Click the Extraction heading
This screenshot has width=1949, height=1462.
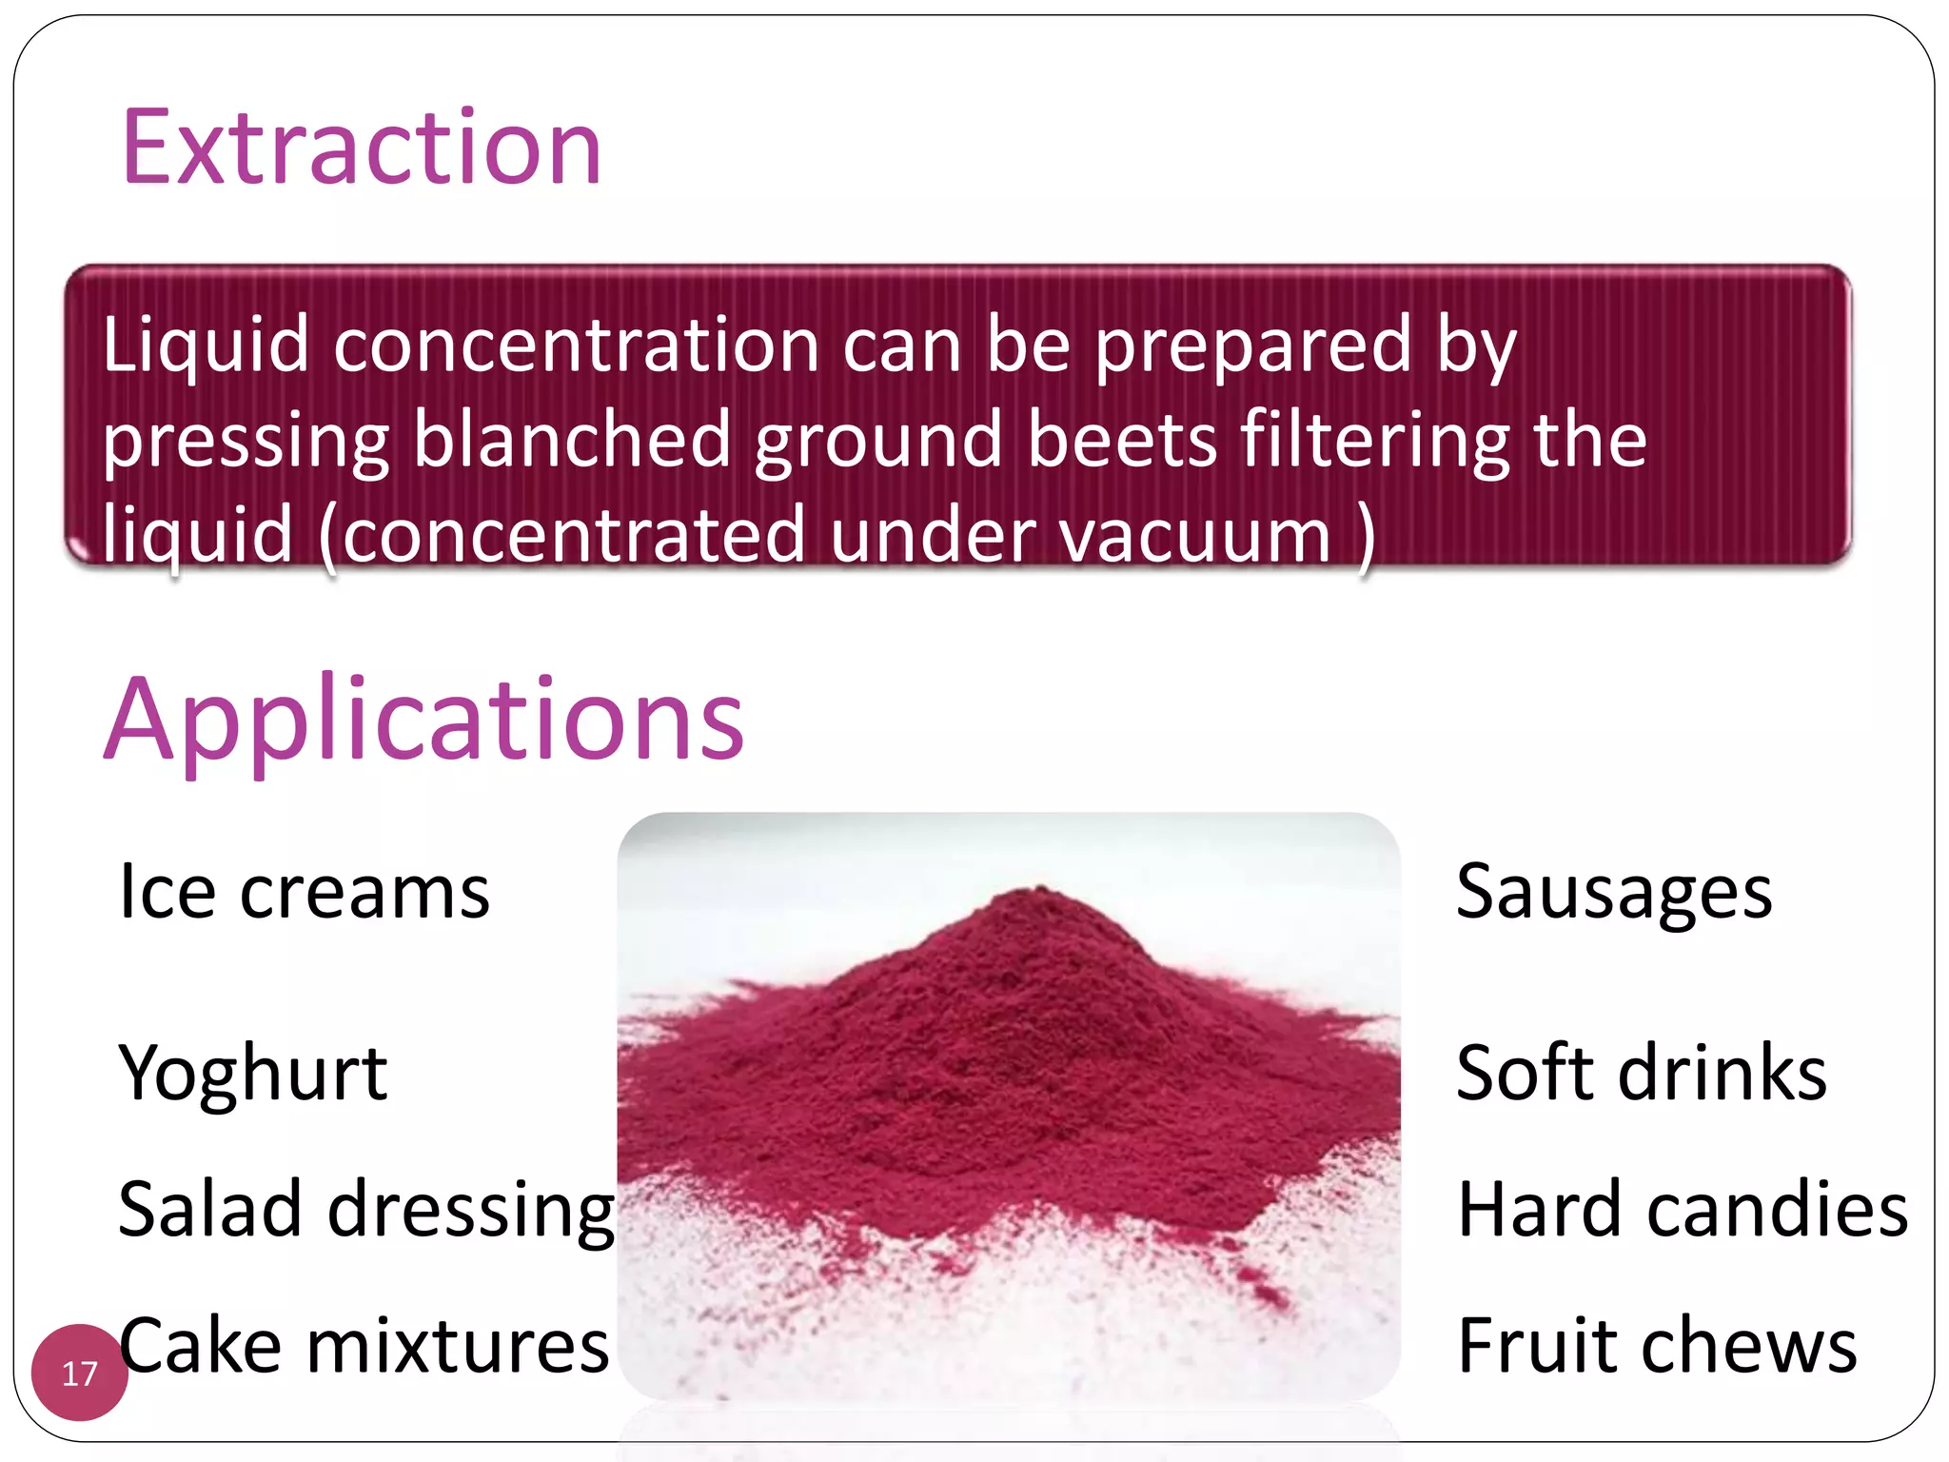click(x=362, y=148)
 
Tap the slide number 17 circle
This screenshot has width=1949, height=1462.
click(x=79, y=1373)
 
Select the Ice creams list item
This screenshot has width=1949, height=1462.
click(x=304, y=892)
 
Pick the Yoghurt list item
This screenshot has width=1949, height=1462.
click(x=252, y=1073)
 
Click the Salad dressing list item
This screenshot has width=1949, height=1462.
click(x=366, y=1209)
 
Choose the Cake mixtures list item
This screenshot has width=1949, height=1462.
click(x=364, y=1345)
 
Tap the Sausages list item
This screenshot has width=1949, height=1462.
click(x=1614, y=892)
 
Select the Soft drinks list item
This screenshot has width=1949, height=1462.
click(x=1641, y=1073)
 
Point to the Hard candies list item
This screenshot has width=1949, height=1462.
click(x=1683, y=1209)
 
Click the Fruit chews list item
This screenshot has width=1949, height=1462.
click(x=1657, y=1345)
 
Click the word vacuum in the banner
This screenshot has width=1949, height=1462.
click(x=1194, y=535)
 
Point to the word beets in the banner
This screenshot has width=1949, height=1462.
click(x=1123, y=440)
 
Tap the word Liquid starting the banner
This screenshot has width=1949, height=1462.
click(x=206, y=345)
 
